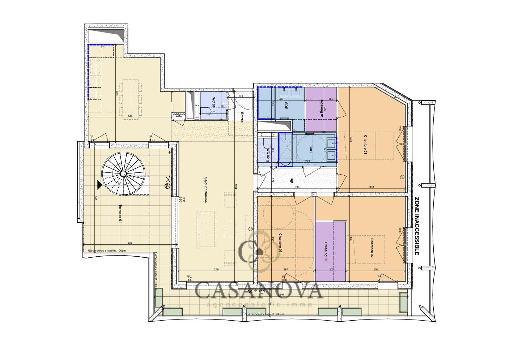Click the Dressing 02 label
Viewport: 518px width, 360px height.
coord(326,252)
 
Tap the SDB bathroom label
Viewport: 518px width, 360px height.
coord(311,149)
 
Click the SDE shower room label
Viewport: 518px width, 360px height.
coord(286,106)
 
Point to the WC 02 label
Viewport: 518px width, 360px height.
coord(268,154)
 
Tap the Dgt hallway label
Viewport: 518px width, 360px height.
coord(292,181)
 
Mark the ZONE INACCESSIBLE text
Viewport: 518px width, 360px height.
coord(417,226)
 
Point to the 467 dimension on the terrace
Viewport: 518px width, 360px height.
coord(130,243)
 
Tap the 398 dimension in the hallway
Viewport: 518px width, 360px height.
coord(297,187)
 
